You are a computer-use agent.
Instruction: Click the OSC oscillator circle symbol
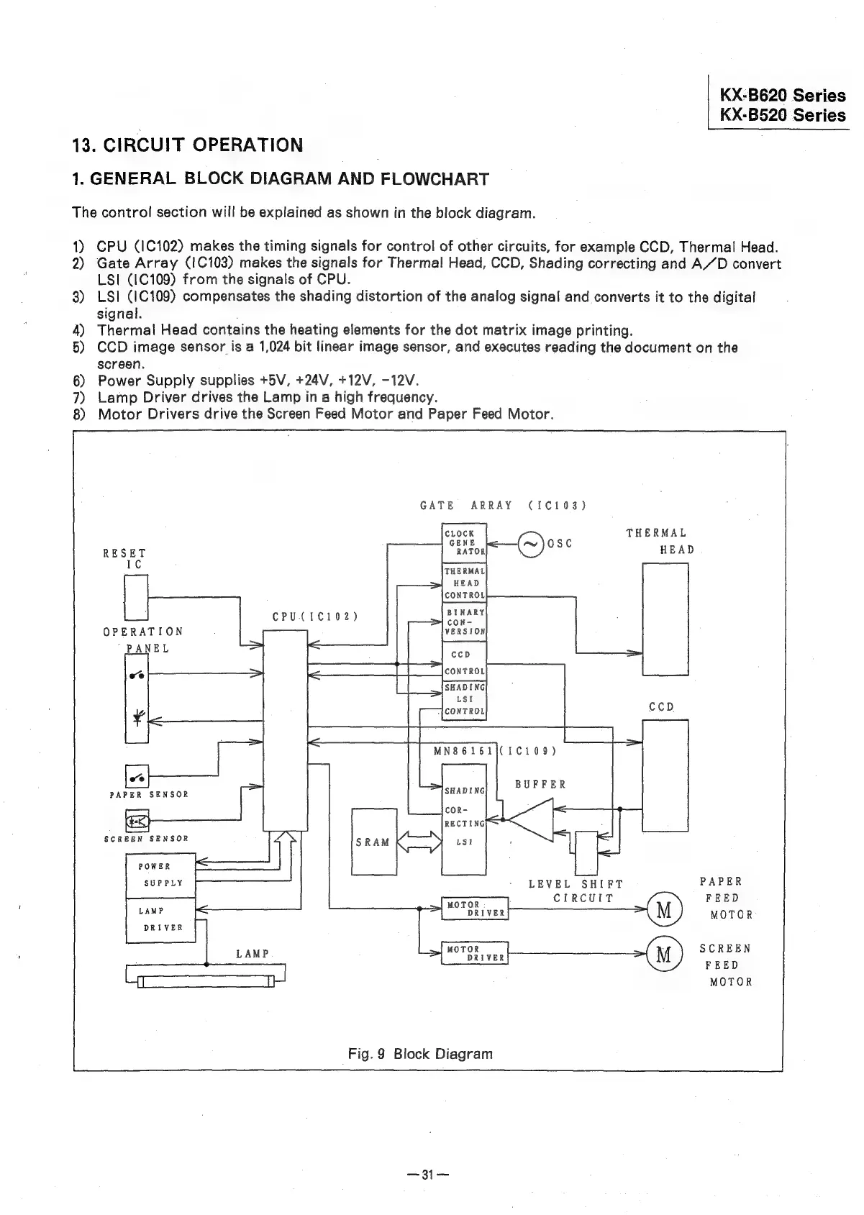[x=531, y=545]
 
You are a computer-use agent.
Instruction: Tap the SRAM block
[x=373, y=842]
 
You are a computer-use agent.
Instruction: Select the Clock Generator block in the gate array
[x=464, y=543]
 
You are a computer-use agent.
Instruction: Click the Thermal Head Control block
[x=464, y=583]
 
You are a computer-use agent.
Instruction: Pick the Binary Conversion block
[x=464, y=621]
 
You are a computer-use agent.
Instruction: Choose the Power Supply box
[x=160, y=875]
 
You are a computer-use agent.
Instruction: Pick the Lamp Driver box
[x=160, y=919]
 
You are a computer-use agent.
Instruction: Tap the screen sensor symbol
[x=136, y=820]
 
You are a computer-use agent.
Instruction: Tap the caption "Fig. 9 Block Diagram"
[x=420, y=1054]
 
